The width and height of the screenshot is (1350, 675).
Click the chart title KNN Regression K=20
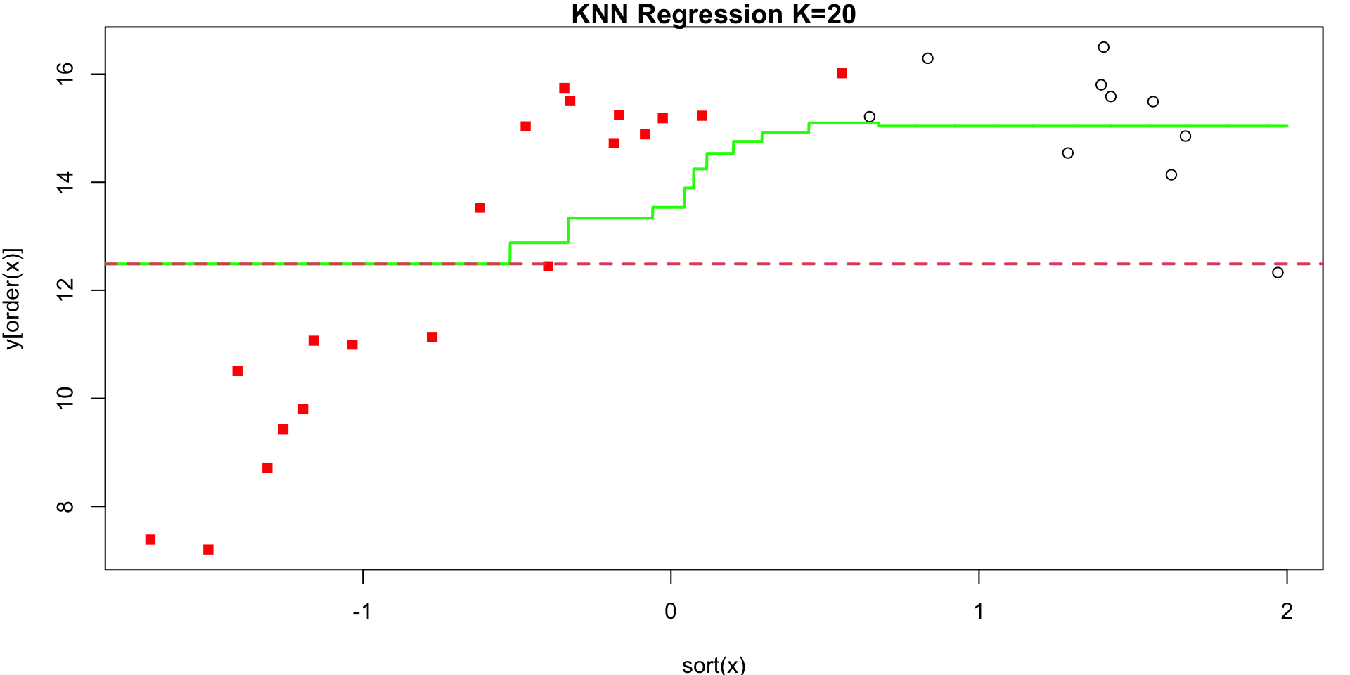pos(713,14)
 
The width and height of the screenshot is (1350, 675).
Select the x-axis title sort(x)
pos(713,664)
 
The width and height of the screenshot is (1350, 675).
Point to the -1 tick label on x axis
pos(361,611)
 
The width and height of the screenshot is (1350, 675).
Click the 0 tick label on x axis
pos(670,611)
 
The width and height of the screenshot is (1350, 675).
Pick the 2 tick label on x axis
pos(1287,611)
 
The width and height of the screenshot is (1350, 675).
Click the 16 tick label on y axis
pos(65,74)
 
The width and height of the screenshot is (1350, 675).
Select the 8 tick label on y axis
pos(65,506)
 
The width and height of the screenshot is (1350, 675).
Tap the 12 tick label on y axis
pos(65,290)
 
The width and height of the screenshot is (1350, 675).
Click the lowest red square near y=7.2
pos(208,549)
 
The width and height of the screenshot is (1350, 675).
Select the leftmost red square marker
pos(150,539)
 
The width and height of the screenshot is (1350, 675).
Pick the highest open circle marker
pos(1103,47)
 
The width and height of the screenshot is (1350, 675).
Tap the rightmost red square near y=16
pos(842,73)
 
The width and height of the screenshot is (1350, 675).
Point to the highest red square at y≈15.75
pos(564,88)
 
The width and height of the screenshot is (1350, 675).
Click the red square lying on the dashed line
pos(548,266)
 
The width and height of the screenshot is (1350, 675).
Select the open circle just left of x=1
pos(927,58)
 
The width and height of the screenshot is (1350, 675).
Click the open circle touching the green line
pos(869,117)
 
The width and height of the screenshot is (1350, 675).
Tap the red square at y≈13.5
pos(480,207)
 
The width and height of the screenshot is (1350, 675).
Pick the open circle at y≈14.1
pos(1171,174)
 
